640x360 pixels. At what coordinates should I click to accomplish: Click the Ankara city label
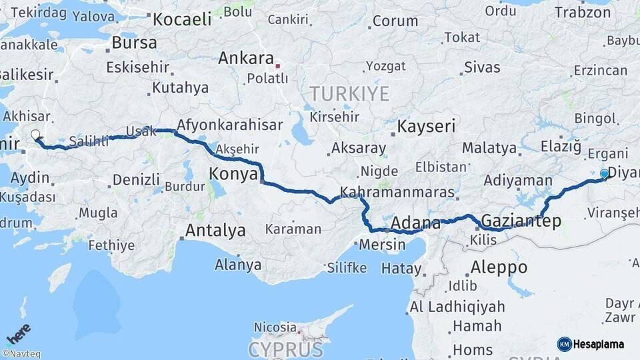[x=246, y=58]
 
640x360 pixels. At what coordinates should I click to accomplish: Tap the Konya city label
[x=233, y=175]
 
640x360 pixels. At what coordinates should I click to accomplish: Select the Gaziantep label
[x=521, y=221]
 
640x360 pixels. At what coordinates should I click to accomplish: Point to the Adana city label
[x=416, y=223]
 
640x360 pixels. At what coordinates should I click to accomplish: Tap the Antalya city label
[x=215, y=231]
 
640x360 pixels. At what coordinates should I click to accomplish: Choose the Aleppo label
[x=499, y=268]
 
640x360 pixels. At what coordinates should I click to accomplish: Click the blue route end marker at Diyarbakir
[x=604, y=174]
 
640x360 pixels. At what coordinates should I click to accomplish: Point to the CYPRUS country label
[x=286, y=349]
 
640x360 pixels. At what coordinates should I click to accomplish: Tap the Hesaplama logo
[x=591, y=344]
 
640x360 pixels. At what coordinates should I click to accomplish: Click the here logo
[x=19, y=335]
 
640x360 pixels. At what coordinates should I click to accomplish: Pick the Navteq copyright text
[x=21, y=354]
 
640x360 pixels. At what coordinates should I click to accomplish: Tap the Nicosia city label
[x=275, y=327]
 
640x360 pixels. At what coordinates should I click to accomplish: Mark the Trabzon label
[x=583, y=13]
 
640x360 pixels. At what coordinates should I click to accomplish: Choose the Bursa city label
[x=134, y=43]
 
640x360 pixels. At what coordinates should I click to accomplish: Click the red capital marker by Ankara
[x=278, y=66]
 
